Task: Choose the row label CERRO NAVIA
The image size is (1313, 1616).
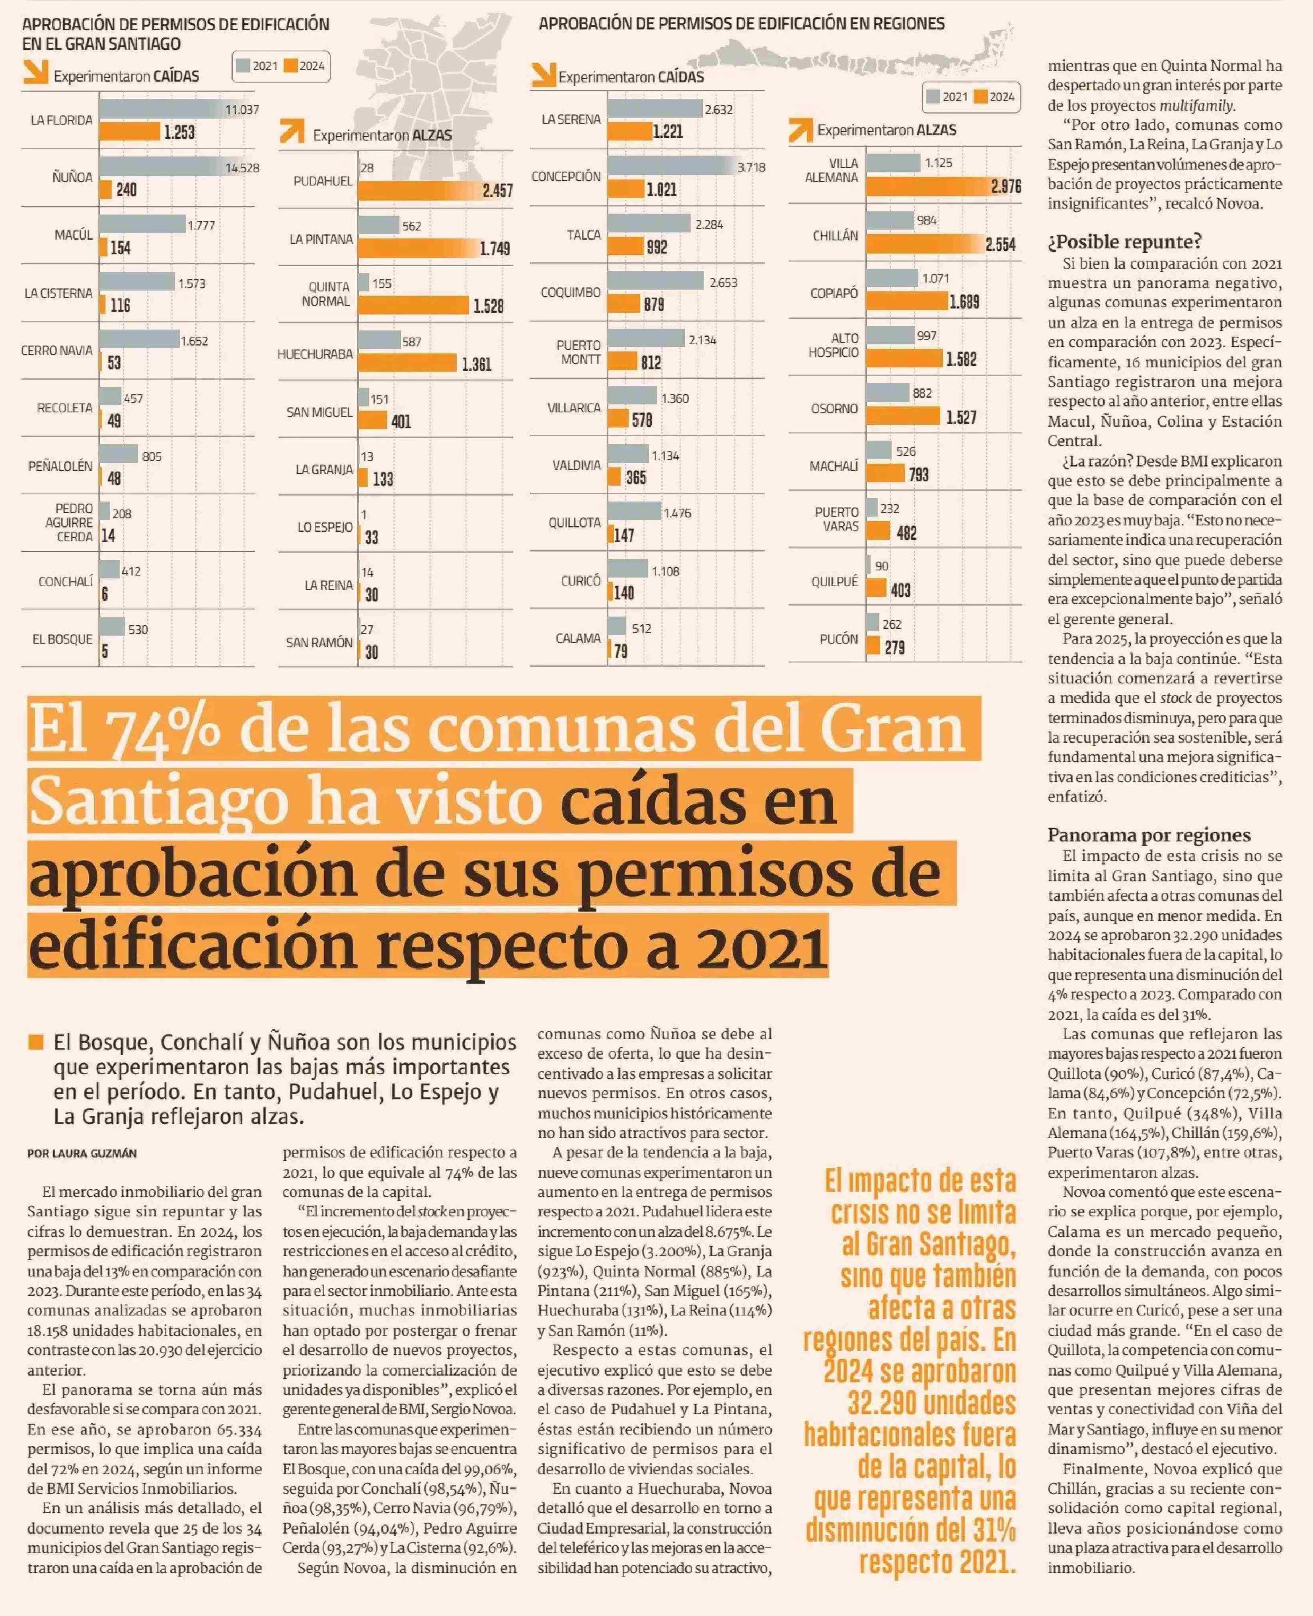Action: [x=57, y=350]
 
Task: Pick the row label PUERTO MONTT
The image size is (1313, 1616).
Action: [x=579, y=352]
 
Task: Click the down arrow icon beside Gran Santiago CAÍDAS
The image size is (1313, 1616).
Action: [x=35, y=72]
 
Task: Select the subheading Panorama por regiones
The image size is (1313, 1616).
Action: [x=1149, y=835]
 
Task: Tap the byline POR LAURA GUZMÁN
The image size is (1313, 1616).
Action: [x=82, y=1154]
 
